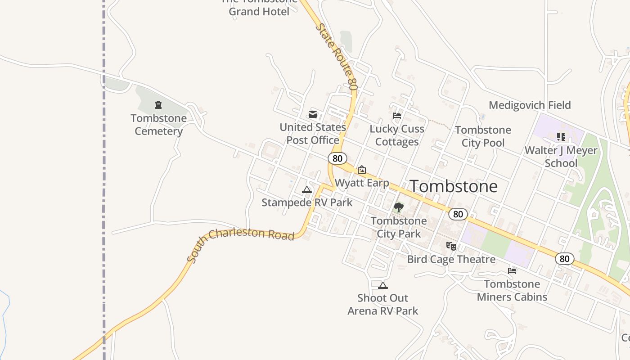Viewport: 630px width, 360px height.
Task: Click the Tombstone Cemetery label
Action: pos(158,125)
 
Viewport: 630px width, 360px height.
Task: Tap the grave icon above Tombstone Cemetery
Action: pos(158,105)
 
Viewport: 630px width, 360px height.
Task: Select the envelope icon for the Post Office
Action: pos(313,114)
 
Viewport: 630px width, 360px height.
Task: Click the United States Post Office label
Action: pos(313,134)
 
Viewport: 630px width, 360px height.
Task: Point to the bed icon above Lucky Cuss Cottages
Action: pos(396,116)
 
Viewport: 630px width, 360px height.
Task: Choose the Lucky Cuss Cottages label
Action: pos(397,135)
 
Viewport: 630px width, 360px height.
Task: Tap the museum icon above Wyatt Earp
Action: pos(361,170)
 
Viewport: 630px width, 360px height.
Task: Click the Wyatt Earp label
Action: pos(362,183)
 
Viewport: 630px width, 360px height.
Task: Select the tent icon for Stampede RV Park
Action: pos(307,189)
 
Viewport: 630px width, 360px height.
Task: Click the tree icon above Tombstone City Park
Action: pos(398,207)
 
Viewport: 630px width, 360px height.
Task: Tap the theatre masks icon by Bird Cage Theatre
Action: pos(451,246)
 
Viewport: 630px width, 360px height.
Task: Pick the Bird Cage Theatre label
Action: pos(451,259)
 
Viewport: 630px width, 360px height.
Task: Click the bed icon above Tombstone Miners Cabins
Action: pos(512,271)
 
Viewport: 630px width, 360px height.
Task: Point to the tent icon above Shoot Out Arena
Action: pos(383,285)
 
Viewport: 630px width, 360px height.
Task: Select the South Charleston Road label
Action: pos(241,243)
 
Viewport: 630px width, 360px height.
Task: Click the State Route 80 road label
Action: pos(337,56)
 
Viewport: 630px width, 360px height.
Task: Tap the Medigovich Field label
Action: pos(530,105)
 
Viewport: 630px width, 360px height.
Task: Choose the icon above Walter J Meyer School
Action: pos(561,136)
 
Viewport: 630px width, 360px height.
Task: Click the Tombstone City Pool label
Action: pos(483,136)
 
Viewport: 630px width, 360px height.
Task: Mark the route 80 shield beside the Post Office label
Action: pos(337,158)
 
